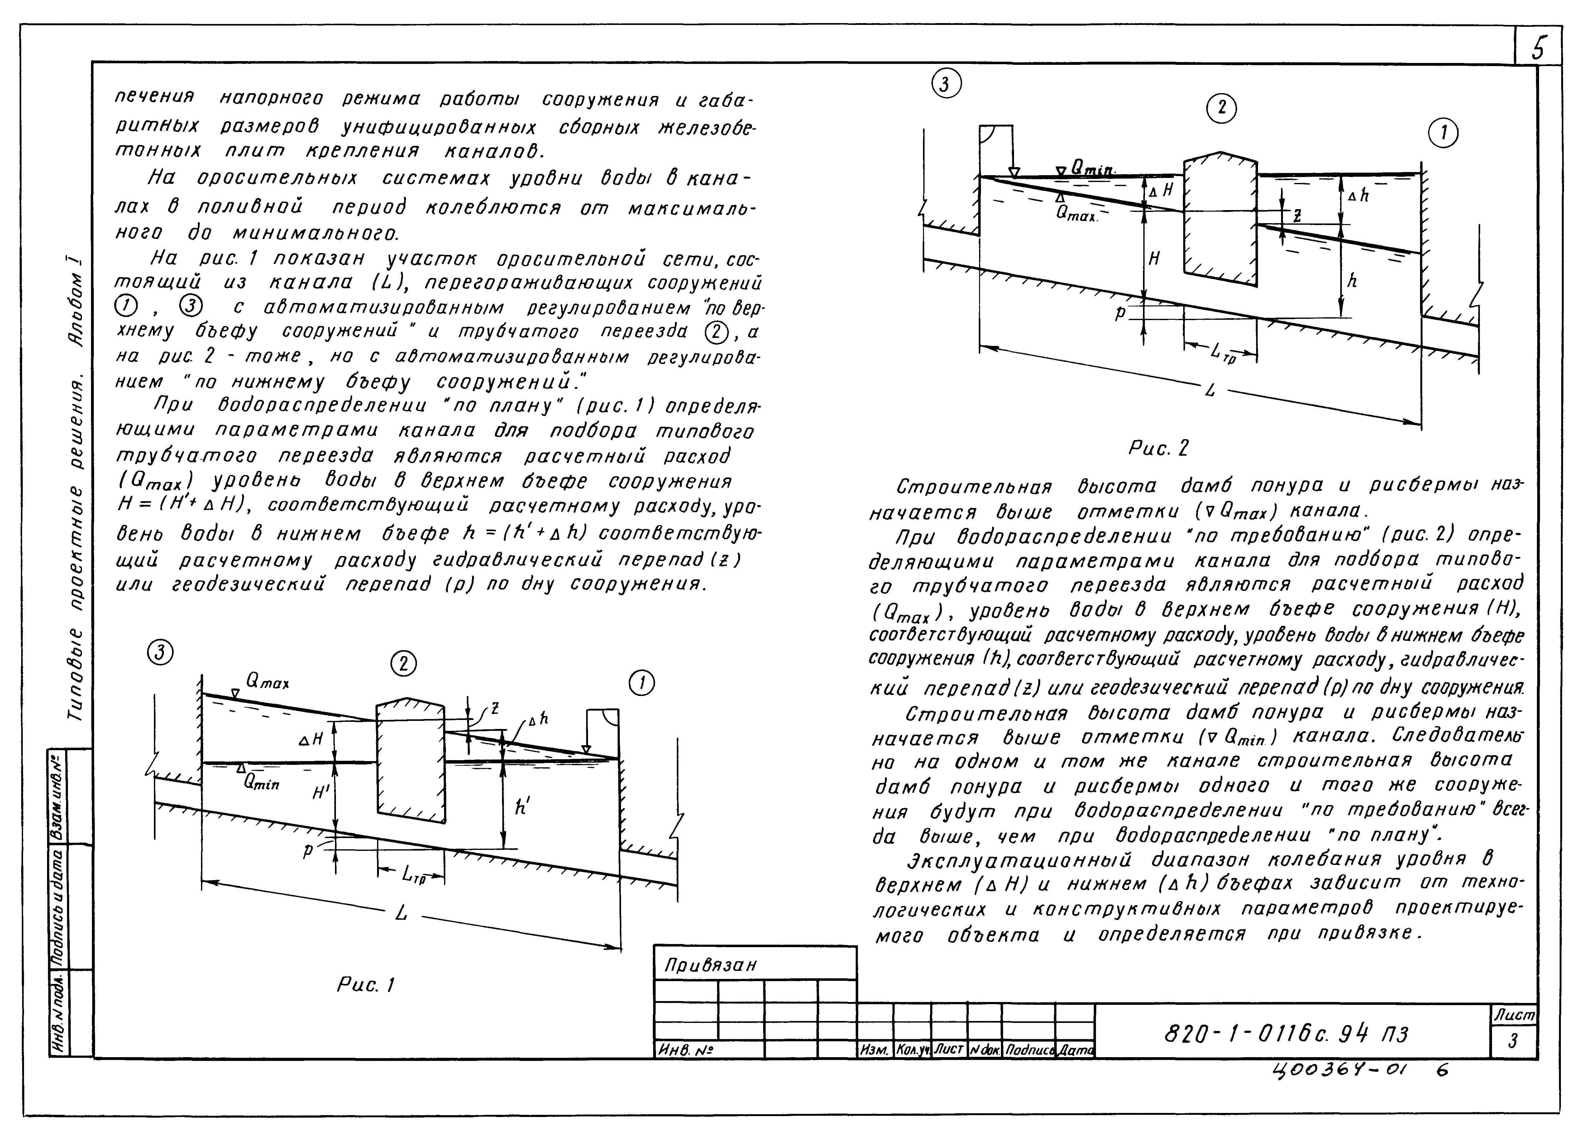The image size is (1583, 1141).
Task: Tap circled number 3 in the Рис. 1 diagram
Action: [160, 652]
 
